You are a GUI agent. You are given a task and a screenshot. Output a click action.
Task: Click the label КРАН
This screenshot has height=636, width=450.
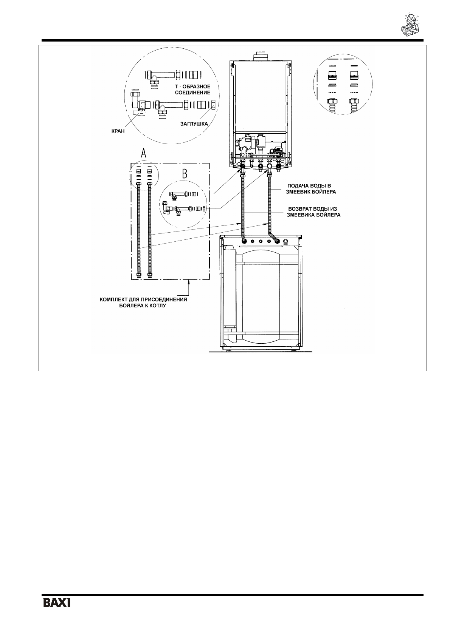point(118,131)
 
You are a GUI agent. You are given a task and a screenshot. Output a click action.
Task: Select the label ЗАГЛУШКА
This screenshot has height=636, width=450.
point(194,123)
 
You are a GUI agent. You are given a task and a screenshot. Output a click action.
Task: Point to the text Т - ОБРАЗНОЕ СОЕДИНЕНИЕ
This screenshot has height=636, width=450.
point(195,90)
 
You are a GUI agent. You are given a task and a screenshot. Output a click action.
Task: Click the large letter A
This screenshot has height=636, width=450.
point(143,153)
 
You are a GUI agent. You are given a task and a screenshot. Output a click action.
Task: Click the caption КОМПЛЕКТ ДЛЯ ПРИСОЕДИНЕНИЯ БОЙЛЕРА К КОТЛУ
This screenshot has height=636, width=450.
point(143,303)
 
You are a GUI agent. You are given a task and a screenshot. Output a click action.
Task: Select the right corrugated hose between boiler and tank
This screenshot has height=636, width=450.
point(270,204)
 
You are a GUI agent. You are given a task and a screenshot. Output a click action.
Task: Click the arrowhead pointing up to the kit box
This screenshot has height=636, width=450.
point(189,282)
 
